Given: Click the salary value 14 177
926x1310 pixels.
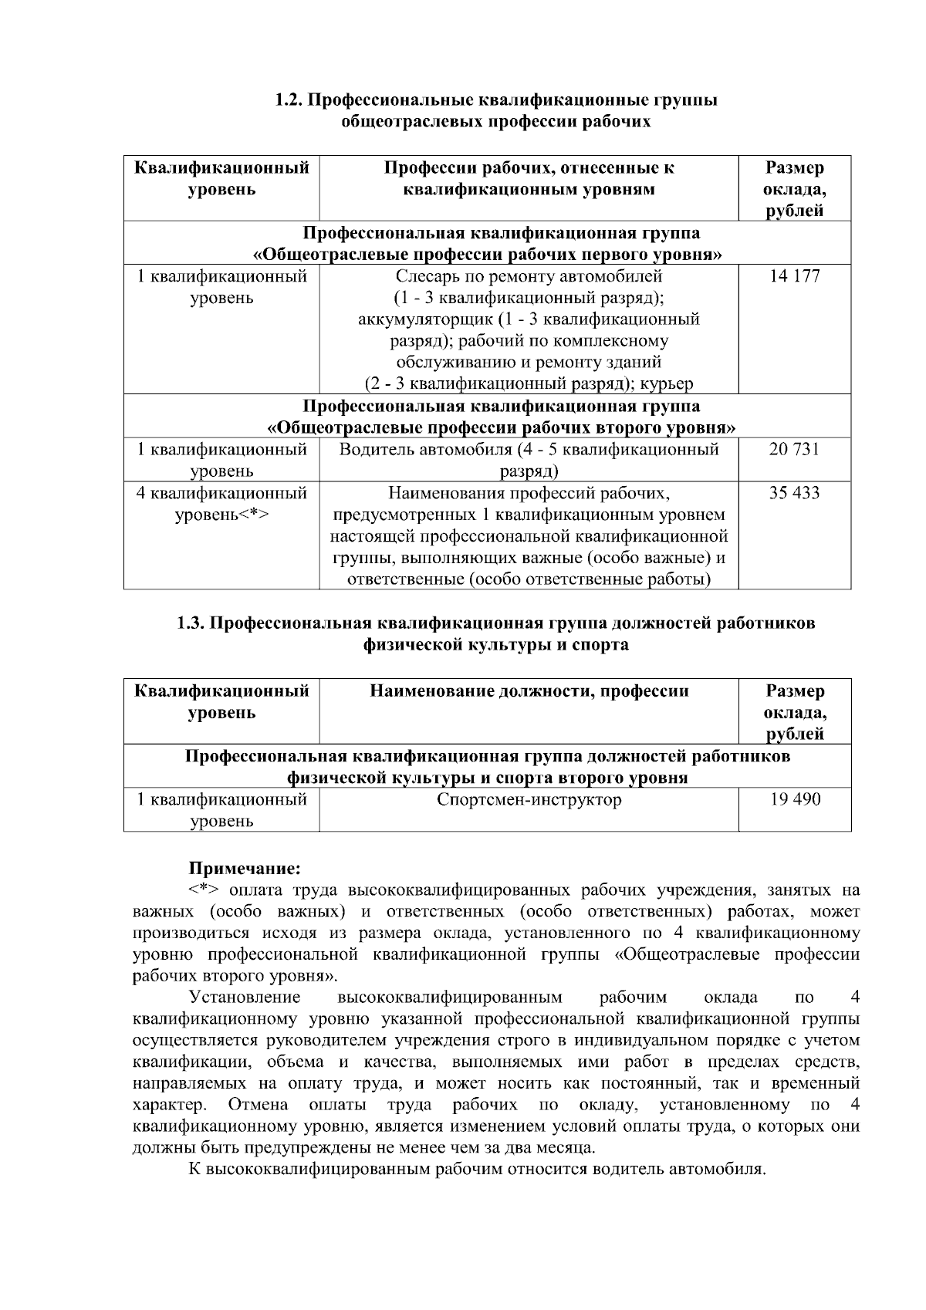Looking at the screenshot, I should coord(794,276).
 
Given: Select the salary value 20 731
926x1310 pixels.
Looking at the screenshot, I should coord(794,449).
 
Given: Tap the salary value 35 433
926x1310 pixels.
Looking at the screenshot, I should coord(794,492).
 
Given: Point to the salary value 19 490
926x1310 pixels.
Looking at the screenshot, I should coord(795,799).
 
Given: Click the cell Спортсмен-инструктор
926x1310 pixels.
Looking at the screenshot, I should coord(529,799).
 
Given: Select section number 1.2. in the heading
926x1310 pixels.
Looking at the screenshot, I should coord(292,100).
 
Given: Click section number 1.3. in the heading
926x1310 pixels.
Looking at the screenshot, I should coord(192,623).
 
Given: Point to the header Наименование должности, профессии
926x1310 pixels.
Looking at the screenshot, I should coord(529,691).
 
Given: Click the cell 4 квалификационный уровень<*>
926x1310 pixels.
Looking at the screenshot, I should coord(221,503).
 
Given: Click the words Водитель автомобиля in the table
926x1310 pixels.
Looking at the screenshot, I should coord(425,449).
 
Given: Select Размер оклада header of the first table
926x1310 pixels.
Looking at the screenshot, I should coord(794,189).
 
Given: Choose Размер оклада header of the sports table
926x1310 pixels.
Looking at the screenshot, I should coord(794,712).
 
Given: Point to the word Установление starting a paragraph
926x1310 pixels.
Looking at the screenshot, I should coord(245,998).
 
